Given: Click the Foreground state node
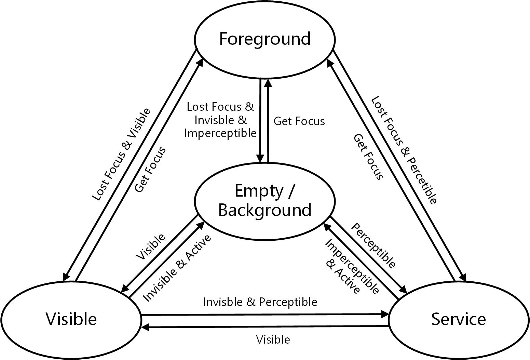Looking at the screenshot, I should (x=265, y=39).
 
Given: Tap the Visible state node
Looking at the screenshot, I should (x=71, y=319).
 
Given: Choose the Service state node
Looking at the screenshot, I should (x=459, y=319).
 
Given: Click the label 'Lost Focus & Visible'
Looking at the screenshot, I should (x=121, y=155).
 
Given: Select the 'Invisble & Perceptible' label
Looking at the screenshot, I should (x=260, y=302).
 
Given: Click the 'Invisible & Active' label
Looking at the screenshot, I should (x=177, y=268).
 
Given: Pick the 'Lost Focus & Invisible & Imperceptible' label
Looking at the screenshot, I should (x=220, y=120).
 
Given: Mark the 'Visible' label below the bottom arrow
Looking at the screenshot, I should (x=273, y=339).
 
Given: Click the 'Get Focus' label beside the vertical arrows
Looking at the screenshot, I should (x=299, y=121).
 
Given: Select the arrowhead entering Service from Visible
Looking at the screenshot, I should (x=385, y=314).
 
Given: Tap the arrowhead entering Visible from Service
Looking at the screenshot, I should (x=145, y=327).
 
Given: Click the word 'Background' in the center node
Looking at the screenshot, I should (x=265, y=210).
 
